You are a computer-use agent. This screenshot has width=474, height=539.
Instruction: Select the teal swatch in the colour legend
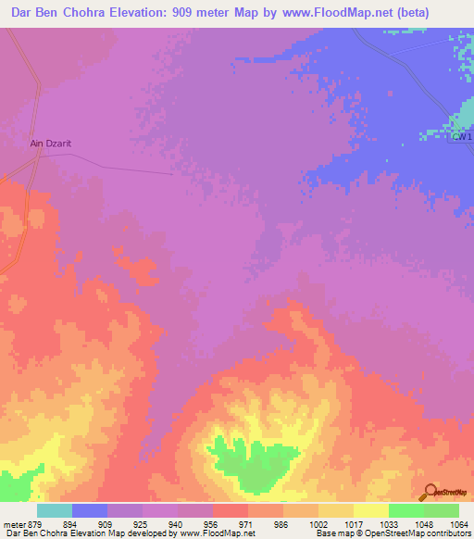54,510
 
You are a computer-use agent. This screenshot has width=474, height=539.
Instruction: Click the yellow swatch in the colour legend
370,510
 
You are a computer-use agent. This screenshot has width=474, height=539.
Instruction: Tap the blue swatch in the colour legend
89,510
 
